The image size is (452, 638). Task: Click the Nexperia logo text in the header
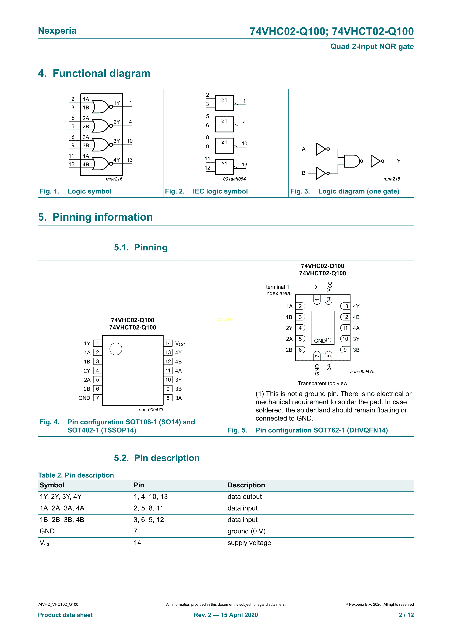pos(57,31)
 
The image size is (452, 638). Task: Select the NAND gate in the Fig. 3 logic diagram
pos(352,161)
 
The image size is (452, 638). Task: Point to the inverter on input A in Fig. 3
pos(321,149)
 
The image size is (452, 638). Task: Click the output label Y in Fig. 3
pos(399,161)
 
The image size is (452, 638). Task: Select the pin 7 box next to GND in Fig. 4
pos(97,398)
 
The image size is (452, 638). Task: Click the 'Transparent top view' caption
pos(323,383)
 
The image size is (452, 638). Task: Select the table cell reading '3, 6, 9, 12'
pos(149,520)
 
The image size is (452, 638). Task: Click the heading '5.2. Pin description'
pos(157,458)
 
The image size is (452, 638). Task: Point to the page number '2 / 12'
pos(406,615)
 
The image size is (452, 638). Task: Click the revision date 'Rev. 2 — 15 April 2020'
pos(226,615)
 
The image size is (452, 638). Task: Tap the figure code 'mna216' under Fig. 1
pos(114,179)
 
